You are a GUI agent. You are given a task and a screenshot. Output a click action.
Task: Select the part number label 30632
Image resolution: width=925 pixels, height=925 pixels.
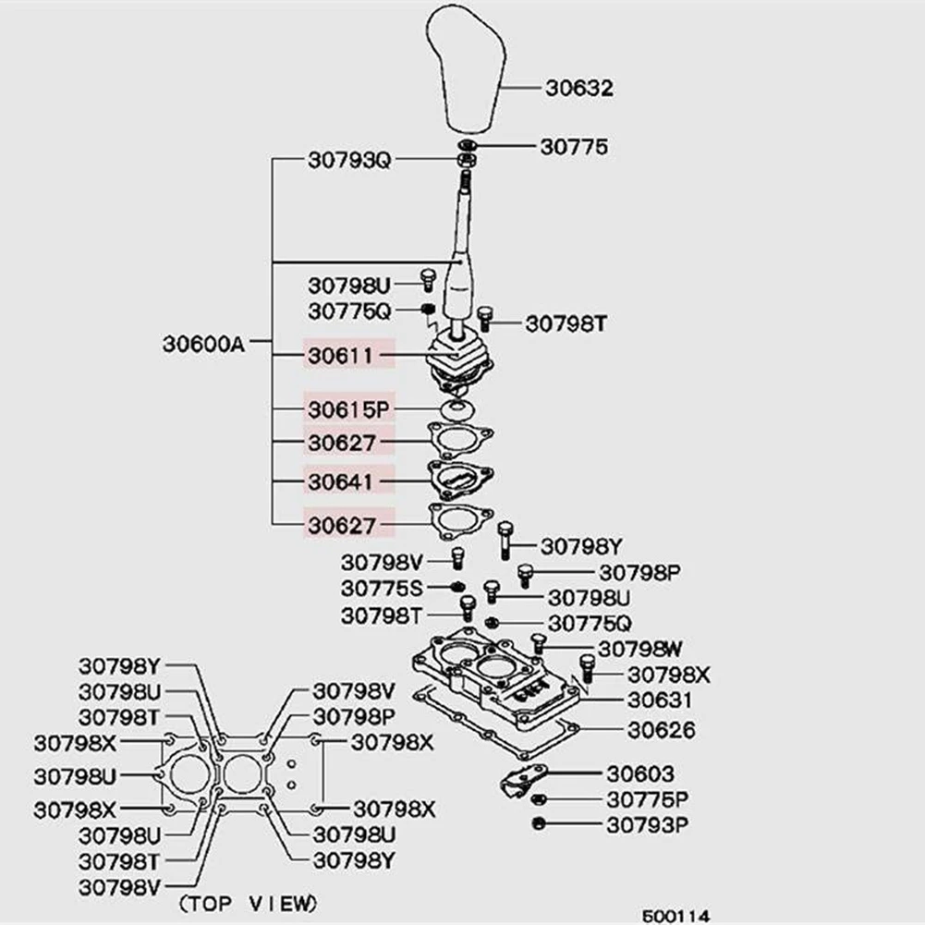pyautogui.click(x=578, y=89)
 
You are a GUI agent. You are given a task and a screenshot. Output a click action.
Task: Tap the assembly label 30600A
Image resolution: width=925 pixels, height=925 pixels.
pyautogui.click(x=203, y=344)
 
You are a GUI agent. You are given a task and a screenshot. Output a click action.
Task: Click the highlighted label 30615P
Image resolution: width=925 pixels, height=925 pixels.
pyautogui.click(x=349, y=408)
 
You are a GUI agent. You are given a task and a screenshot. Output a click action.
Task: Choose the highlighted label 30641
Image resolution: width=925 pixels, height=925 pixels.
pyautogui.click(x=341, y=481)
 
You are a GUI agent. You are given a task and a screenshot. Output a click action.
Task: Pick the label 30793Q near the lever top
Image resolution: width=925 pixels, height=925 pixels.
pyautogui.click(x=349, y=160)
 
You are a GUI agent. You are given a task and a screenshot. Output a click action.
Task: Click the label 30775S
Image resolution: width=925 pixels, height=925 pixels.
pyautogui.click(x=382, y=588)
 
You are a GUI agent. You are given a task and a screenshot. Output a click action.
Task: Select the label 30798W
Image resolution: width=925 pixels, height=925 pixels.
pyautogui.click(x=639, y=648)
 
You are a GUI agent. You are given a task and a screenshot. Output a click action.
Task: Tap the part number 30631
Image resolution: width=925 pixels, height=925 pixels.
pyautogui.click(x=661, y=700)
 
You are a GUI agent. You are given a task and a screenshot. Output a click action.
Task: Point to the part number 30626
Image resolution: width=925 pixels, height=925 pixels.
pyautogui.click(x=662, y=730)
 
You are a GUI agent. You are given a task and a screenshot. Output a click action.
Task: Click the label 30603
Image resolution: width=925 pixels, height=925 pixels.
pyautogui.click(x=640, y=773)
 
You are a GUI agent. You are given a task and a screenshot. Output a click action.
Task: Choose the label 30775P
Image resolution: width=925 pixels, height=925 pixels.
pyautogui.click(x=648, y=798)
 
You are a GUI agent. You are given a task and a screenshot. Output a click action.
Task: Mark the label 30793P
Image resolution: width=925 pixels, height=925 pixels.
pyautogui.click(x=648, y=823)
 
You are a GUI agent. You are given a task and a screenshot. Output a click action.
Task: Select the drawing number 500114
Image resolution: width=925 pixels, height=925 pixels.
pyautogui.click(x=676, y=916)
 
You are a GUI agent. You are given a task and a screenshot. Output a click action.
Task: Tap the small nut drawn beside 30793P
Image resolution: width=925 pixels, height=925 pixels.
pyautogui.click(x=537, y=823)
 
